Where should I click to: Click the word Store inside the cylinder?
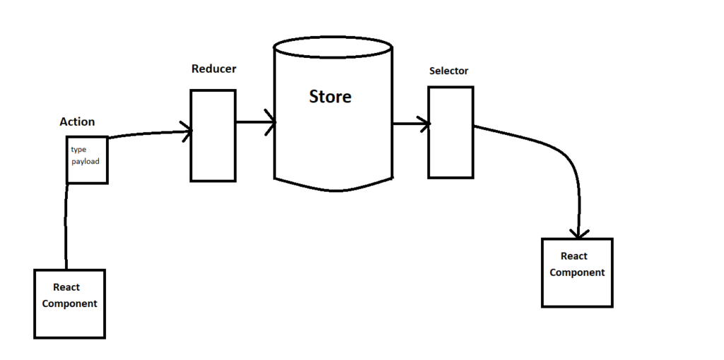[x=330, y=96]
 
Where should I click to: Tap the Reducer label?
[x=214, y=69]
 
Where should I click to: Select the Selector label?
[x=448, y=71]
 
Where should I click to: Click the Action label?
[x=77, y=122]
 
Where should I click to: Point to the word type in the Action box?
[x=78, y=149]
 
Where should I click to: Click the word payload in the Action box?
[x=86, y=161]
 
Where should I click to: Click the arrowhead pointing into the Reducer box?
[x=187, y=131]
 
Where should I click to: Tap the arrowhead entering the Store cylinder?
[x=270, y=122]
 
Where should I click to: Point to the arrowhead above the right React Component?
[x=579, y=233]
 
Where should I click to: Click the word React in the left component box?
[x=66, y=287]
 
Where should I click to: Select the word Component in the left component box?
[x=69, y=303]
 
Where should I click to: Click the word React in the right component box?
[x=574, y=256]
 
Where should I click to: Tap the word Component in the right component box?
[x=577, y=272]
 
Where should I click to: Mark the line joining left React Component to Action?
[x=66, y=226]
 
